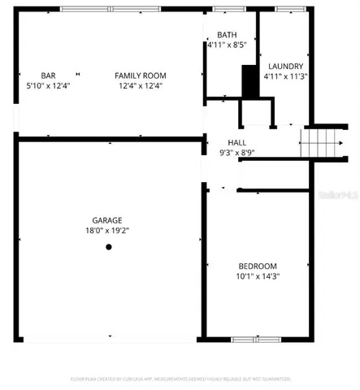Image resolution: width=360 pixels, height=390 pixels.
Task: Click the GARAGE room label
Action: [107, 220]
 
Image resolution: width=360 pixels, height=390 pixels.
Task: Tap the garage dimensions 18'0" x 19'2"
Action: [107, 230]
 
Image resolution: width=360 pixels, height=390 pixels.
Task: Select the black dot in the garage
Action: [108, 248]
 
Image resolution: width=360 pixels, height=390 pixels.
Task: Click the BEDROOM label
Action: [258, 266]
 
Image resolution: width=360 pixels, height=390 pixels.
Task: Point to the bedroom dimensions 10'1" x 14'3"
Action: [258, 276]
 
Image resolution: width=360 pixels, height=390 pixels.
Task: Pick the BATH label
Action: [227, 35]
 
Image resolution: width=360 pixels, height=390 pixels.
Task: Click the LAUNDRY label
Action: [284, 66]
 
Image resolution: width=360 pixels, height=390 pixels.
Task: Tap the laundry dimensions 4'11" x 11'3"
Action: [284, 76]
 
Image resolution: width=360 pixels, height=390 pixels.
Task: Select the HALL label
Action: [236, 141]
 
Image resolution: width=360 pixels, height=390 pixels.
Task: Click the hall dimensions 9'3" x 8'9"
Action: [236, 152]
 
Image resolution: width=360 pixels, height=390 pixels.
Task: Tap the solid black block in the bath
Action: [249, 80]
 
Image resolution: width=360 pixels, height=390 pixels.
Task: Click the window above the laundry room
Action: [287, 9]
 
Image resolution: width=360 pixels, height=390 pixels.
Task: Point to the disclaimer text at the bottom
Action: [180, 379]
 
